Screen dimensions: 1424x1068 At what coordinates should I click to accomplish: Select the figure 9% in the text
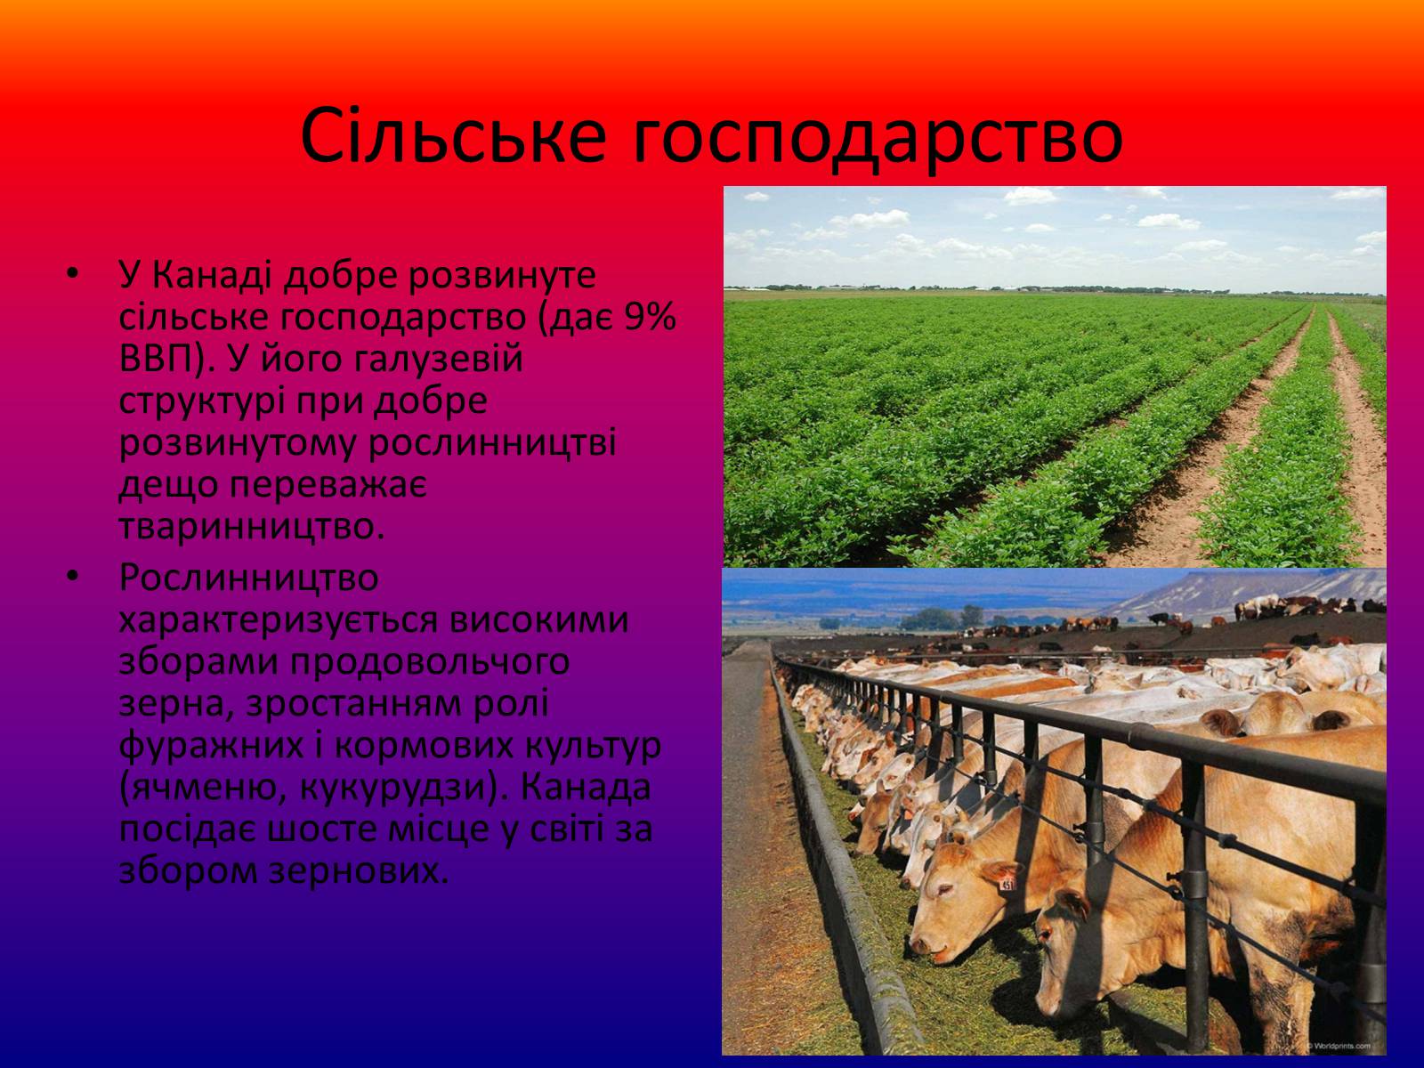pyautogui.click(x=651, y=317)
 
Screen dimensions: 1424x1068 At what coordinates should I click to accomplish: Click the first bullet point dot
pyautogui.click(x=72, y=274)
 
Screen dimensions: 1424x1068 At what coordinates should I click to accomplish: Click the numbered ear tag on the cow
pyautogui.click(x=1007, y=882)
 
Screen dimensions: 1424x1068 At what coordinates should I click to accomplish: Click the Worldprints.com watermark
pyautogui.click(x=1339, y=1045)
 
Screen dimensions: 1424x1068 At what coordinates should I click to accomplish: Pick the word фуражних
pyautogui.click(x=212, y=747)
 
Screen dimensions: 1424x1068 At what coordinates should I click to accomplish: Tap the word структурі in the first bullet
pyautogui.click(x=202, y=402)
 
